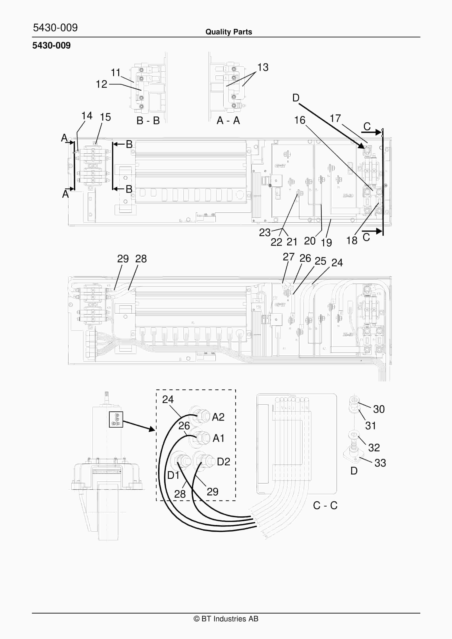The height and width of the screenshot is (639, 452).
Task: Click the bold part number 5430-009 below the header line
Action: coord(51,45)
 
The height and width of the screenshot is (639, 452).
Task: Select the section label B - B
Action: coord(148,120)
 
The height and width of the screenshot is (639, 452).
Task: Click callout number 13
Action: coord(263,67)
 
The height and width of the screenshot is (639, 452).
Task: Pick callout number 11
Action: coord(115,73)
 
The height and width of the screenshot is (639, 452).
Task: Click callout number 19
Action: coord(326,242)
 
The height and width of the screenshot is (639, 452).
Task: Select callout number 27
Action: coord(288,257)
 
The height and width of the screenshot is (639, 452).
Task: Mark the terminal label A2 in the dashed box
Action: coord(218,417)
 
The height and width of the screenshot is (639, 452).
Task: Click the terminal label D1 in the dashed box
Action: coord(173,475)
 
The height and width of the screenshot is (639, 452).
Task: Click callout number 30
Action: coord(379,409)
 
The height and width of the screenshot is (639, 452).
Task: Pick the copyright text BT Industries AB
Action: coord(226,619)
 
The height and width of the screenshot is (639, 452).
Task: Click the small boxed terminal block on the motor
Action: coord(116,419)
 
